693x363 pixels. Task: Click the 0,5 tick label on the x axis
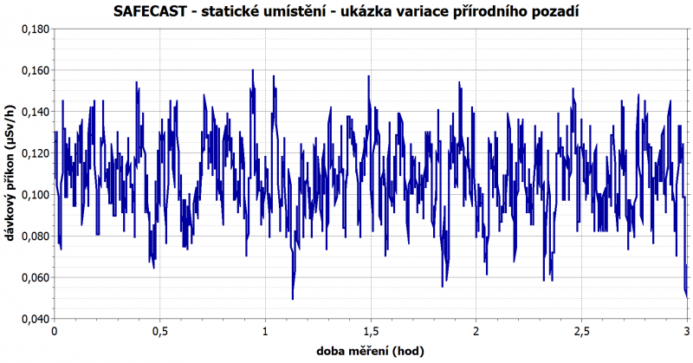point(160,332)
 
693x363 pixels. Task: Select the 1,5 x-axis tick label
point(371,332)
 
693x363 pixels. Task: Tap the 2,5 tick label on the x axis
point(581,332)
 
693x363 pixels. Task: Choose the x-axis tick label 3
point(686,332)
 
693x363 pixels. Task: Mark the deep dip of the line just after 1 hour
point(293,297)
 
